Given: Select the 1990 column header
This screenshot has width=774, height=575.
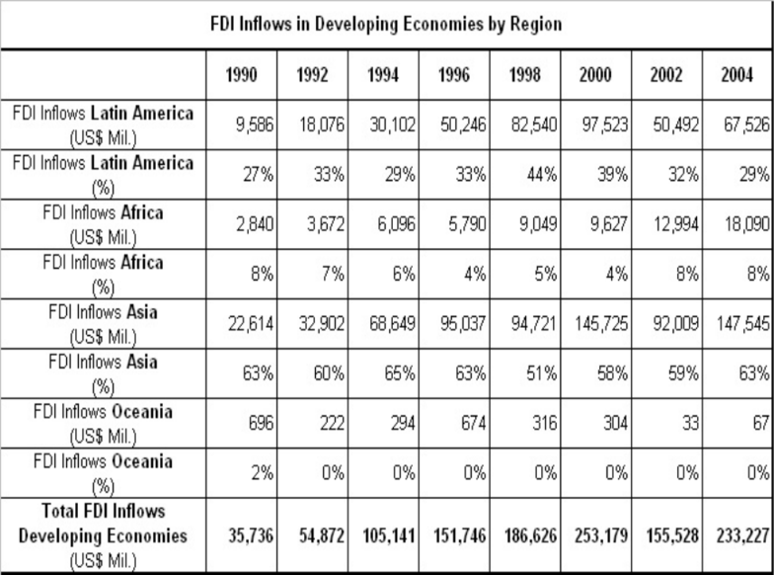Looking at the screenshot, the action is (x=241, y=75).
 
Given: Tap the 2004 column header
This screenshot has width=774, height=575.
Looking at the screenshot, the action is (x=736, y=75).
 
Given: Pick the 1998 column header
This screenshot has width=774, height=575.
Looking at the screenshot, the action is (x=525, y=75).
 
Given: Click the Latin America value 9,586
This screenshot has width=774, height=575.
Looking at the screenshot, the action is (x=255, y=124).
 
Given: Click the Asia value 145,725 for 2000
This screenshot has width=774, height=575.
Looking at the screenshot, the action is (x=600, y=324).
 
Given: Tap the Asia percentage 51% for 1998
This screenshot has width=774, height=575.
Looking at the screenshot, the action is (x=541, y=373).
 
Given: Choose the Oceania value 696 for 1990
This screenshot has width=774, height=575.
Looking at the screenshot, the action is (x=261, y=423).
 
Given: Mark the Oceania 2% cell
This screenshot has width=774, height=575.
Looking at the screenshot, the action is (x=263, y=472).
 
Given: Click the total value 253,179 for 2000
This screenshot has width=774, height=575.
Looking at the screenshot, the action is (x=600, y=535).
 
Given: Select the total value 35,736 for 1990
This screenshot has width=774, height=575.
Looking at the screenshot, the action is (x=251, y=535).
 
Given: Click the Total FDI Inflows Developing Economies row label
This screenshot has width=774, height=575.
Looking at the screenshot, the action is (x=103, y=535).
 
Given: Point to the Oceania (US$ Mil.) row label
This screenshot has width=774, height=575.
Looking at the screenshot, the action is (x=103, y=424).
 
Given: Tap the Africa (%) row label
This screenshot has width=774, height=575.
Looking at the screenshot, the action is (x=103, y=275).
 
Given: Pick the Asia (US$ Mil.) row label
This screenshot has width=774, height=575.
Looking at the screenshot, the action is (x=103, y=324).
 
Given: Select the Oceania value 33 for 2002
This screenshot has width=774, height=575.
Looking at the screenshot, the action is (x=690, y=423).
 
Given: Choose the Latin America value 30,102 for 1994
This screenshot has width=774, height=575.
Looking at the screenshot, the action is (x=393, y=124).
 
